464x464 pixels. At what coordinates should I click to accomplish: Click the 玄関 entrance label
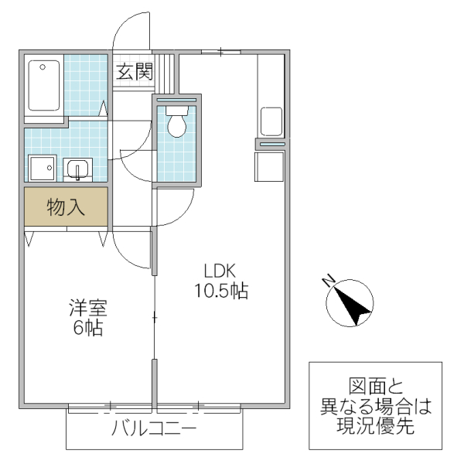(134, 73)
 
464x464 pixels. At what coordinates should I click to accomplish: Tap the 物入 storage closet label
(66, 206)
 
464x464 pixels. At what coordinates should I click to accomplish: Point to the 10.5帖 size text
(220, 292)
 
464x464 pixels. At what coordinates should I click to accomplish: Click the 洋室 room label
(87, 308)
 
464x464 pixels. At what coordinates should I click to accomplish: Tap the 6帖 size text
(87, 328)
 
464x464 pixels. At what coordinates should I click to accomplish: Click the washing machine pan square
(41, 167)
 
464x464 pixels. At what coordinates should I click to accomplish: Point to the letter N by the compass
(329, 279)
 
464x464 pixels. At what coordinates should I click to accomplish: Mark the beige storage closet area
(66, 206)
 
